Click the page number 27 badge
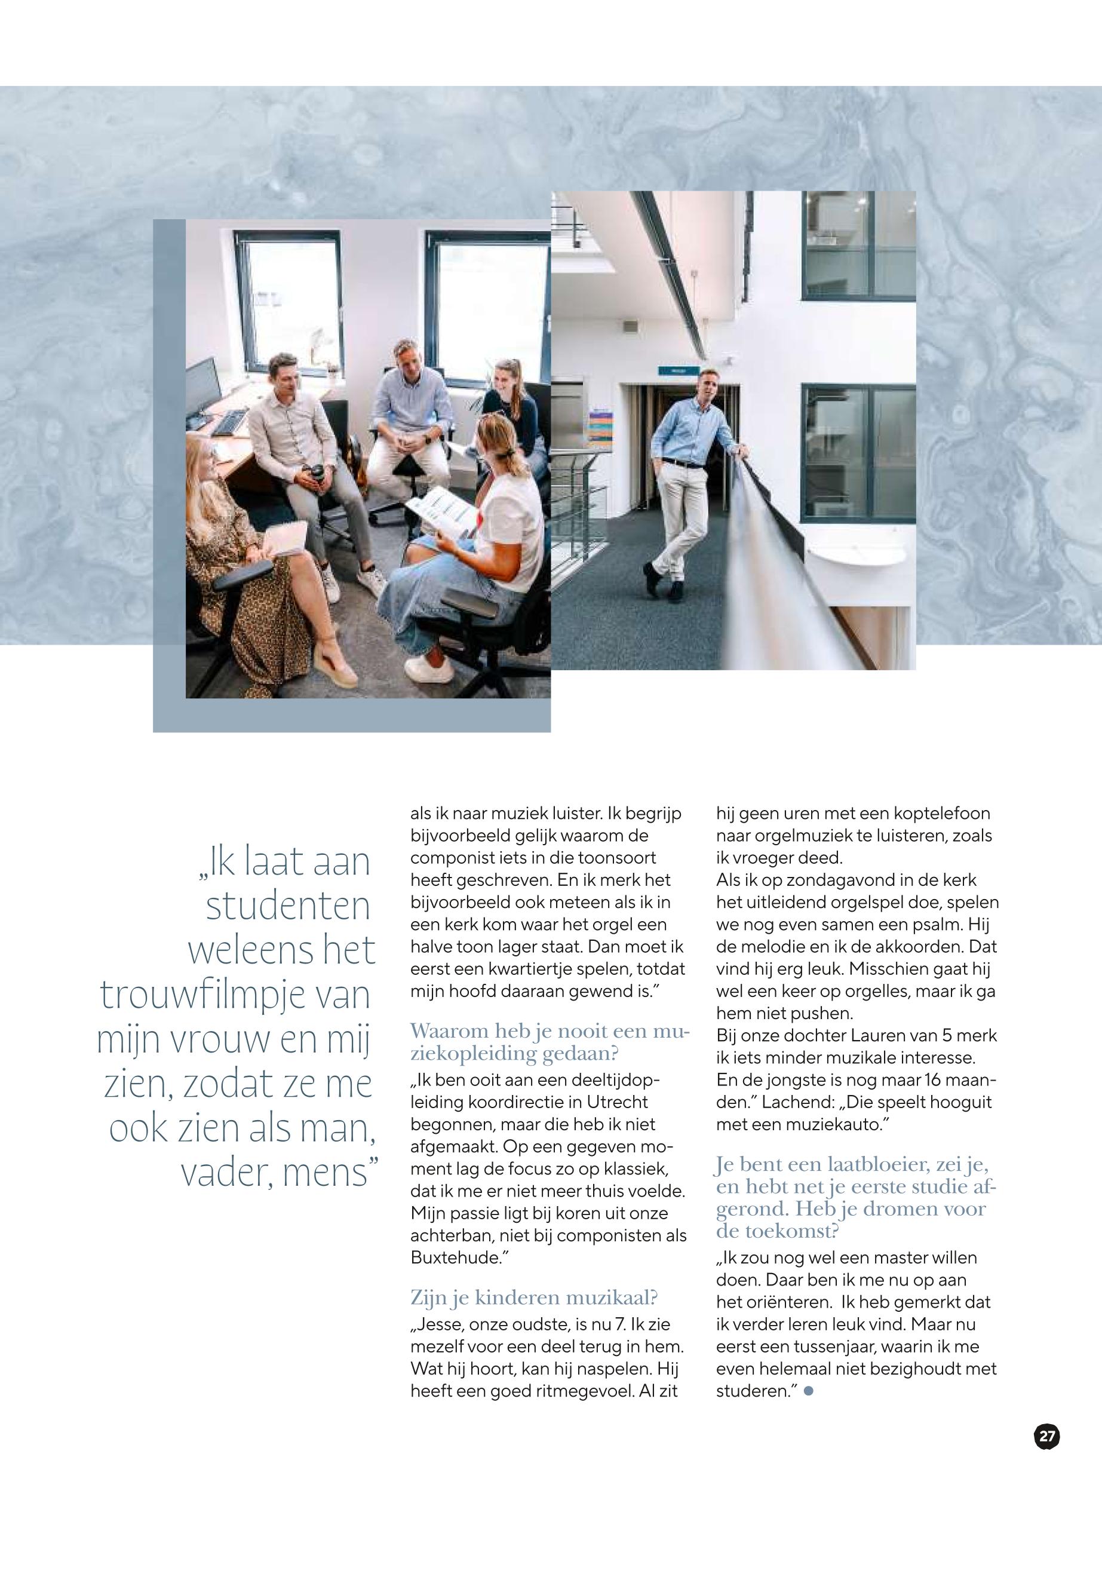pos(1047,1437)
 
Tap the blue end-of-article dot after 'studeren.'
pos(809,1391)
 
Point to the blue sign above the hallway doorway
pos(672,371)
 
